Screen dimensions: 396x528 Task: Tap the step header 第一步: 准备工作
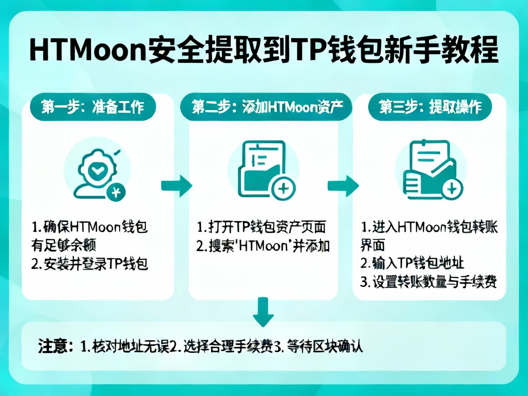(x=93, y=107)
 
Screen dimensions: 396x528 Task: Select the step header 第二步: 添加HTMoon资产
(x=266, y=107)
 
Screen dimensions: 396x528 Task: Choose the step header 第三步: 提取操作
(x=430, y=107)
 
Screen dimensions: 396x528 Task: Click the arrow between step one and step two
(x=176, y=186)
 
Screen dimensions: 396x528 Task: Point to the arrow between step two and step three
(x=343, y=186)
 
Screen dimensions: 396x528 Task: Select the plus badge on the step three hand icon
(x=451, y=188)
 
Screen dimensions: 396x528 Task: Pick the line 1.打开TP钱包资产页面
(x=261, y=227)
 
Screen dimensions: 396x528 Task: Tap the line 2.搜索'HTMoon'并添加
(x=263, y=246)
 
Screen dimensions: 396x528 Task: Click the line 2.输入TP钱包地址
(x=412, y=264)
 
